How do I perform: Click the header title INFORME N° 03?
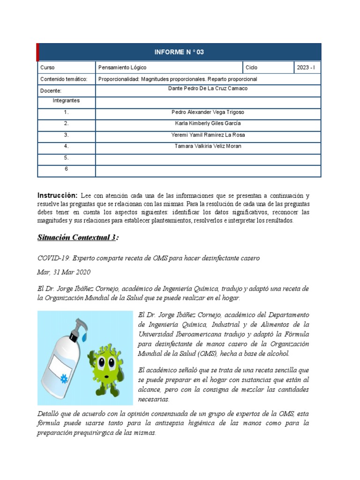tap(180, 52)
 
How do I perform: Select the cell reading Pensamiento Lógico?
tap(115, 67)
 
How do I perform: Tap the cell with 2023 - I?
tap(306, 67)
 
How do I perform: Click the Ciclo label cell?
tap(252, 67)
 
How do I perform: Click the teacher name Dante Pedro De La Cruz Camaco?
tap(208, 89)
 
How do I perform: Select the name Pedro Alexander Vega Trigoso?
tap(208, 112)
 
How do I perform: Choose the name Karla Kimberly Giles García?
tap(208, 124)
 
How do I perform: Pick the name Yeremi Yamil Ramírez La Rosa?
tap(208, 135)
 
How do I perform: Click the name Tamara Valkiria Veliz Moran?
tap(208, 146)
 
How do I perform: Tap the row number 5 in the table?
tap(67, 158)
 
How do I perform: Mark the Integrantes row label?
tap(67, 101)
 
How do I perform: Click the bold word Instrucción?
tap(57, 195)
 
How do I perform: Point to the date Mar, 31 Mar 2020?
tap(63, 272)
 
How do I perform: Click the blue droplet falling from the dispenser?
tap(84, 337)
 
